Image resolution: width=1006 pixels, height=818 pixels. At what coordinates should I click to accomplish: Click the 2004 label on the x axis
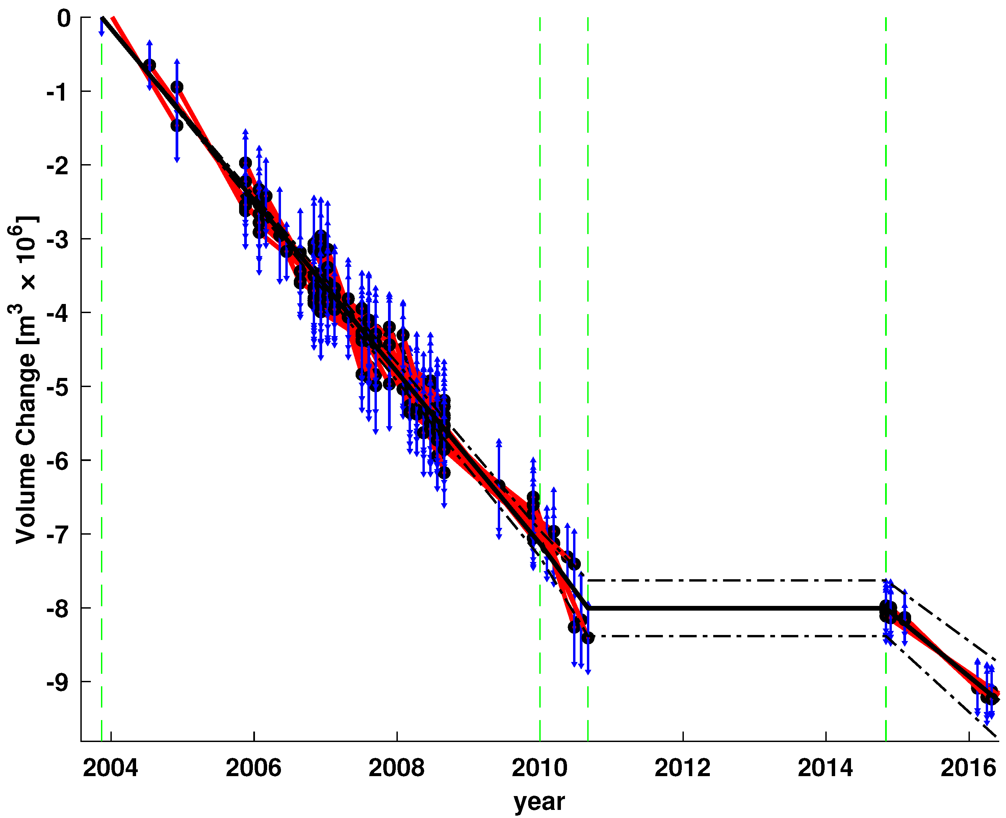[x=110, y=769]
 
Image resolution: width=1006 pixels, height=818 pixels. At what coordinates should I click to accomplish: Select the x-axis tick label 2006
[x=254, y=769]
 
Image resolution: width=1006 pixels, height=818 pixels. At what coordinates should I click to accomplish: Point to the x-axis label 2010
[x=540, y=769]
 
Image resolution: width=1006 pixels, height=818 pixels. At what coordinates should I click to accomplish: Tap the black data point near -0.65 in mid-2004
[x=149, y=65]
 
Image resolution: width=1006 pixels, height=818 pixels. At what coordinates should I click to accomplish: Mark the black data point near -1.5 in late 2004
[x=177, y=125]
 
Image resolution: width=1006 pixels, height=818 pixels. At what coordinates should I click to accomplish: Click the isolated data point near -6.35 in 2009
[x=499, y=486]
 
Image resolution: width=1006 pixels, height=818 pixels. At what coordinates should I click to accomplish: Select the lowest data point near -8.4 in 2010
[x=588, y=638]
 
